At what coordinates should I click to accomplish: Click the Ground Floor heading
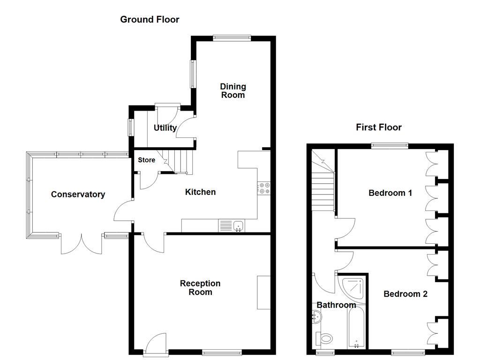pyautogui.click(x=150, y=19)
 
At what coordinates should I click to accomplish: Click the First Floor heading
pyautogui.click(x=379, y=127)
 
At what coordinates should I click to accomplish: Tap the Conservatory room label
pyautogui.click(x=78, y=194)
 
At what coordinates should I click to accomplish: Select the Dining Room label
pyautogui.click(x=233, y=90)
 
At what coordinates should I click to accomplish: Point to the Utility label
pyautogui.click(x=165, y=127)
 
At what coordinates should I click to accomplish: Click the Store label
pyautogui.click(x=146, y=160)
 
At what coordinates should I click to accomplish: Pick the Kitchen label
pyautogui.click(x=200, y=192)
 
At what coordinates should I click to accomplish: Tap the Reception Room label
pyautogui.click(x=200, y=288)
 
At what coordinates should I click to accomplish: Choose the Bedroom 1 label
pyautogui.click(x=390, y=193)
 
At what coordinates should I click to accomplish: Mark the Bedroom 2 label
pyautogui.click(x=405, y=294)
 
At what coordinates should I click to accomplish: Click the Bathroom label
pyautogui.click(x=336, y=305)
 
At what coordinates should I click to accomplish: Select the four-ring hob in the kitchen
pyautogui.click(x=264, y=187)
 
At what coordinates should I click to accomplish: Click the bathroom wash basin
pyautogui.click(x=316, y=318)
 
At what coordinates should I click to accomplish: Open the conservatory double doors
pyautogui.click(x=81, y=241)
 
